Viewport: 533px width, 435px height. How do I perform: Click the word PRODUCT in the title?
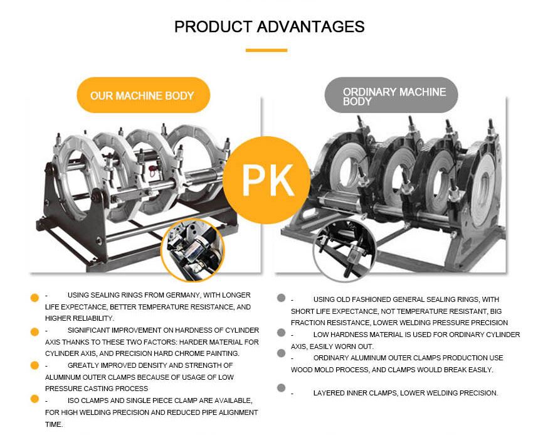213,26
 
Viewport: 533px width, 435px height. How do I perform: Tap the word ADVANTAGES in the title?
310,26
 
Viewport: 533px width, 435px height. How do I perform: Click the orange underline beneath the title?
266,50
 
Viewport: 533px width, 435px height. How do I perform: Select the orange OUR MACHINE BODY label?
143,95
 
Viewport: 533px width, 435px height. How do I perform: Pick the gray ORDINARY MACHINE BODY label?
391,95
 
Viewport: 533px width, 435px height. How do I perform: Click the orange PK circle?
266,180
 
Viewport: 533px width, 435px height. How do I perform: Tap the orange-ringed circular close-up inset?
193,250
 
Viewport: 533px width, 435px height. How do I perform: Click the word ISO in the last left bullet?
73,400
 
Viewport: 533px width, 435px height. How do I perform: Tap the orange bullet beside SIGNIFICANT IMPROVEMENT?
34,332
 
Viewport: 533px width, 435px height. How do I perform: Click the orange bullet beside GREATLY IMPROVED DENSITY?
34,365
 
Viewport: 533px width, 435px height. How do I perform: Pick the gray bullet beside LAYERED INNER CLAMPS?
281,388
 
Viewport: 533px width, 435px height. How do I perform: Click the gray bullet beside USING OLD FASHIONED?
281,298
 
